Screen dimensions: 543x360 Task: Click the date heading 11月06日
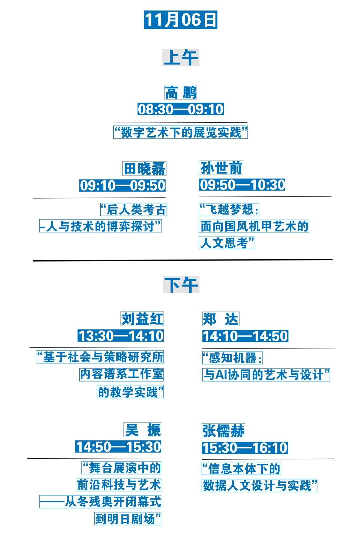(180, 20)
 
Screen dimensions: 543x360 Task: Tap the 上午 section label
(180, 57)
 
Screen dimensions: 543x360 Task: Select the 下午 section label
(181, 284)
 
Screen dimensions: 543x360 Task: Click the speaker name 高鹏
(181, 93)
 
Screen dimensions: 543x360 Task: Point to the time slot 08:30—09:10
(180, 109)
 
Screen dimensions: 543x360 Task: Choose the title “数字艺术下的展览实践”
(180, 132)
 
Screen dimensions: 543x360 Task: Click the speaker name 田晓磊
(144, 169)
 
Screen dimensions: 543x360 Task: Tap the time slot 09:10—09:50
(122, 186)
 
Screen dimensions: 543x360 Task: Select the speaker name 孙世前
(221, 168)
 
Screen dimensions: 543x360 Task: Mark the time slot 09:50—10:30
(242, 185)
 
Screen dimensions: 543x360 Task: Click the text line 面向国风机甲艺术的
(254, 227)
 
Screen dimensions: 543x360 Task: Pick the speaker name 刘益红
(142, 319)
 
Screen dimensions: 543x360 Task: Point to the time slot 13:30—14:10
(121, 336)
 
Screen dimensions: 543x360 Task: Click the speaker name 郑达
(221, 319)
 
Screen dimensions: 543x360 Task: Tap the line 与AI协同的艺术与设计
(266, 375)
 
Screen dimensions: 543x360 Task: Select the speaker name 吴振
(143, 430)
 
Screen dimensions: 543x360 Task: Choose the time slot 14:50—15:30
(118, 447)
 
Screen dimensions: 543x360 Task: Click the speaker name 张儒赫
(223, 431)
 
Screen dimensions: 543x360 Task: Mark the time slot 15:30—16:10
(245, 448)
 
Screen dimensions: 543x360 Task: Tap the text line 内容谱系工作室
(122, 374)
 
